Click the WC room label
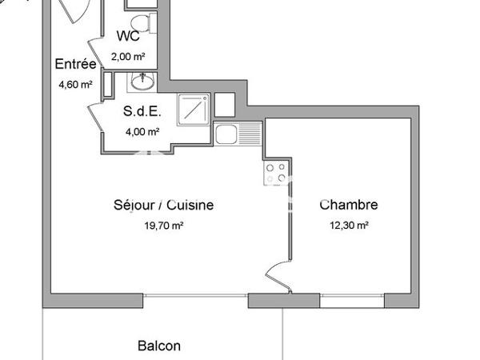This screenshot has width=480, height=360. [130, 36]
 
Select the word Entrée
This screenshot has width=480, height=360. [75, 65]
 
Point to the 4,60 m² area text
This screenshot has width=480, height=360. [74, 83]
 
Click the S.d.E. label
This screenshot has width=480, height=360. [141, 112]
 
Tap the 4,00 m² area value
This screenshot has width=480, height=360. [141, 132]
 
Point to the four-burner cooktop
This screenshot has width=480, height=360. [276, 173]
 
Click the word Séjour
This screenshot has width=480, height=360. [134, 205]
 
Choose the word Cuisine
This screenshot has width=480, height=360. [192, 205]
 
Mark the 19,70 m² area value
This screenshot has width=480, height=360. [163, 226]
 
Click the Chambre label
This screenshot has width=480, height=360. [348, 205]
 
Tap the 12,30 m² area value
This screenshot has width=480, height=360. [349, 226]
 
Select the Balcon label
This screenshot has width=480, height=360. [159, 346]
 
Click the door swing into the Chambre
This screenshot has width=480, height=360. [277, 276]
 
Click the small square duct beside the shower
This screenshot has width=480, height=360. [224, 104]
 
